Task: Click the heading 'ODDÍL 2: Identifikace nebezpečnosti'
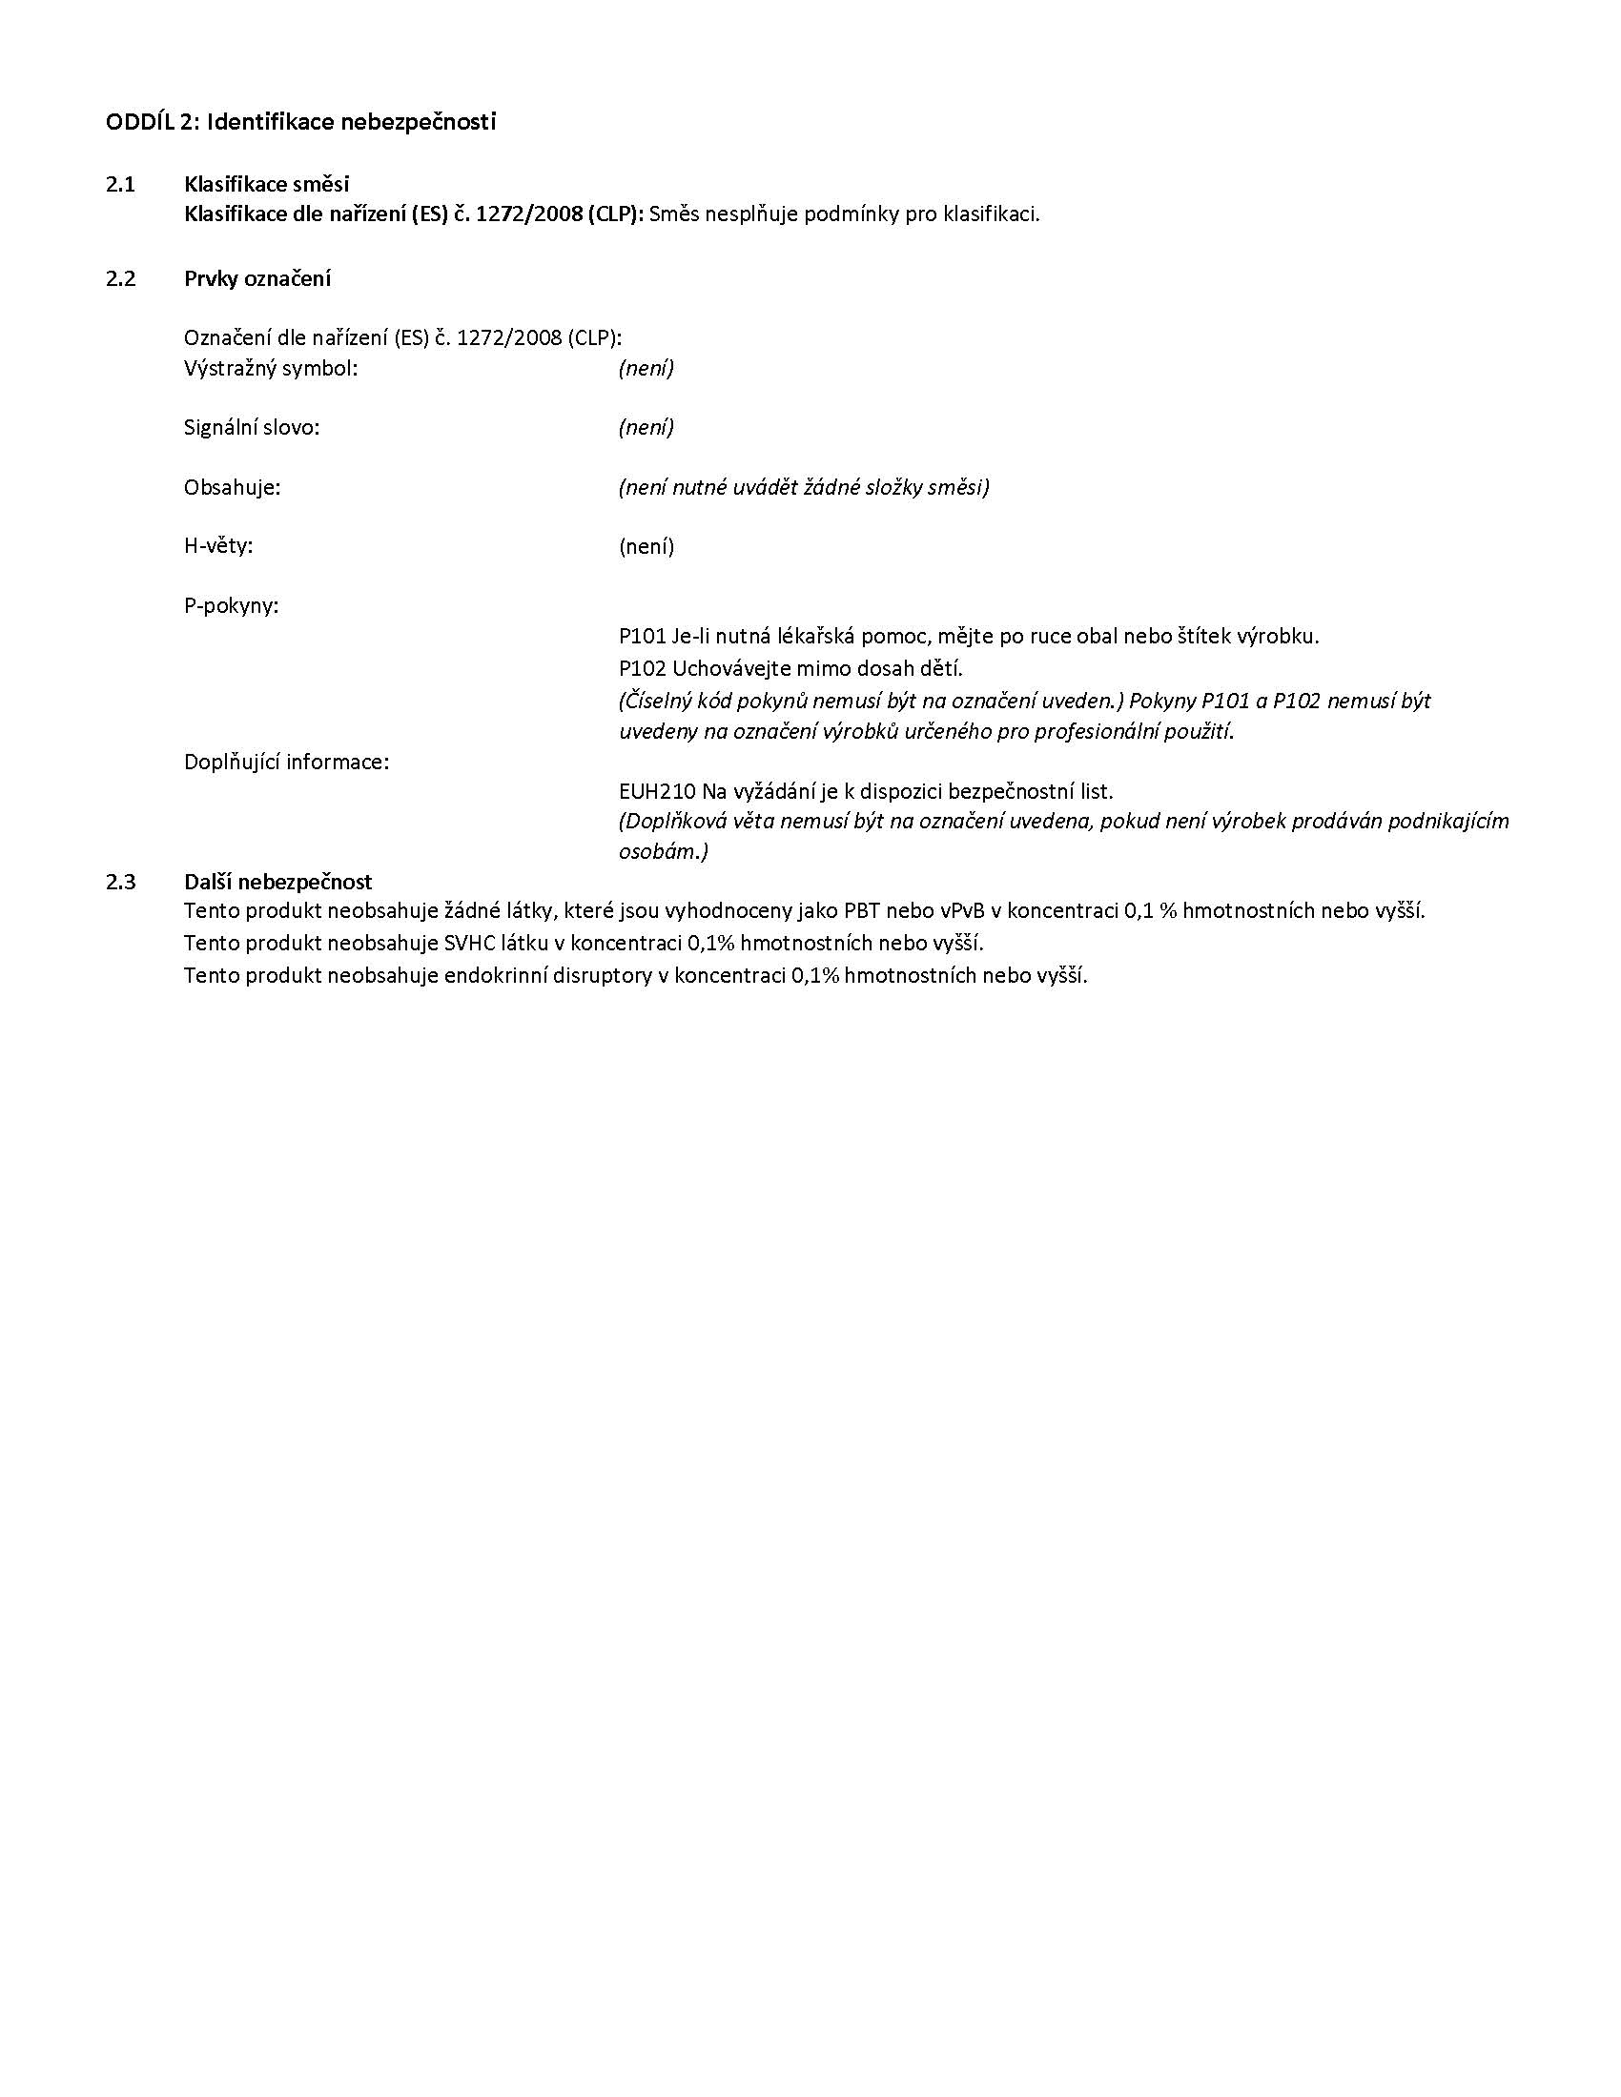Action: pos(300,123)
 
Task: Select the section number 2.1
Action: pos(121,184)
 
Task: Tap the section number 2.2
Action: pos(121,278)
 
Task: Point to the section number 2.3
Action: pos(121,882)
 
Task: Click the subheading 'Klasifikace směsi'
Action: pos(267,184)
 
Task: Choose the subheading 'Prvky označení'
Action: pos(257,278)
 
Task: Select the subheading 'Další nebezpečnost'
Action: pos(277,882)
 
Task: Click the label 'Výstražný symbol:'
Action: pos(271,368)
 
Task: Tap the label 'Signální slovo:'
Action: pos(252,427)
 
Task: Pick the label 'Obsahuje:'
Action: pos(233,487)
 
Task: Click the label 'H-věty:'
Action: pos(219,546)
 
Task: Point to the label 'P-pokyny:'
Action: pos(232,606)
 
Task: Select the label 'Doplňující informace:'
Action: pos(286,762)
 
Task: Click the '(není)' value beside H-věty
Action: pos(646,546)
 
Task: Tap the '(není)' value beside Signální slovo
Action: pos(646,427)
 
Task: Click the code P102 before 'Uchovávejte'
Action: pos(643,667)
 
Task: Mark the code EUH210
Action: pos(657,791)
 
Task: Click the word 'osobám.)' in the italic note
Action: pos(664,851)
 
